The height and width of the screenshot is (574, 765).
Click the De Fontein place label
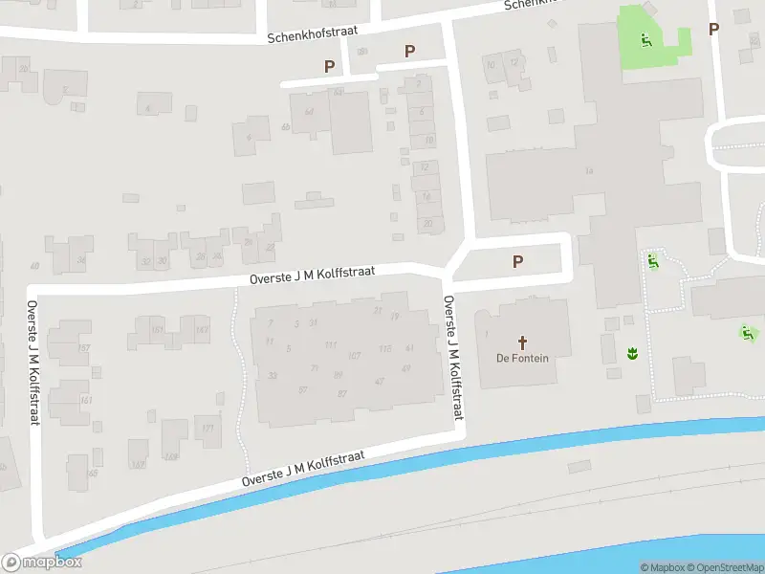[523, 360]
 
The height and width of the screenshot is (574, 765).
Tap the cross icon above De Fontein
[523, 342]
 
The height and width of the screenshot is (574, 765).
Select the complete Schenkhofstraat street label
[313, 33]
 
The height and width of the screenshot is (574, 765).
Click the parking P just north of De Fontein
[518, 261]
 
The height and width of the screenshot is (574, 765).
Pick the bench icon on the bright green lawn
[646, 39]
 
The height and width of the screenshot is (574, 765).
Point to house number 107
[354, 356]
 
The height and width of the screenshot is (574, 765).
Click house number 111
[331, 344]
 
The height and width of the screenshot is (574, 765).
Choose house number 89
[338, 375]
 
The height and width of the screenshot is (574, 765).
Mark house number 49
[406, 368]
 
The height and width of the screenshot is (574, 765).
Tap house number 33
[273, 376]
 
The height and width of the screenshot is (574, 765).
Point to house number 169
[171, 455]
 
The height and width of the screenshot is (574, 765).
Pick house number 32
[146, 260]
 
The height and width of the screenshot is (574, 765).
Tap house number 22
[270, 247]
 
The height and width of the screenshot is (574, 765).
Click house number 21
[313, 322]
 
